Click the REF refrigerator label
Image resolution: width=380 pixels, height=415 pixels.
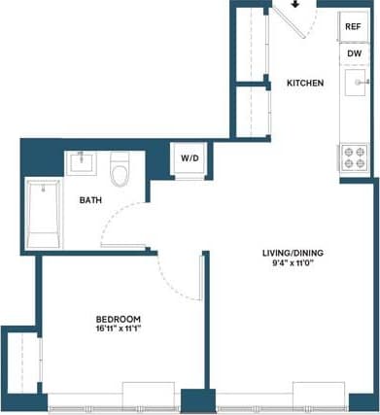point(353,26)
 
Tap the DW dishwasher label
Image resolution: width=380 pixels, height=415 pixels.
point(353,54)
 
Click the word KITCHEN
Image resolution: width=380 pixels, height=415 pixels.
point(305,84)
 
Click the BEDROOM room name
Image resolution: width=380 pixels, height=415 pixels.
point(119,319)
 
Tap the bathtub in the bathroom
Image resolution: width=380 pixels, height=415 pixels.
point(42,214)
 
